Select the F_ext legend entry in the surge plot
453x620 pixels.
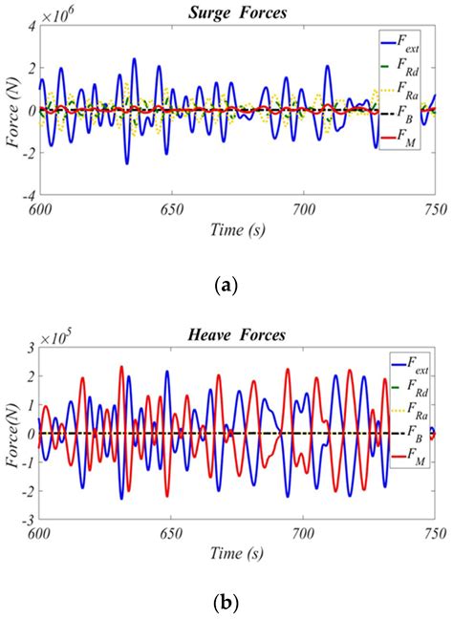402,43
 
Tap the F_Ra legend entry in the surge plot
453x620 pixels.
402,93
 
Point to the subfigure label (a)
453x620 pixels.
226,284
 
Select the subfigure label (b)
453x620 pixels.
226,603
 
